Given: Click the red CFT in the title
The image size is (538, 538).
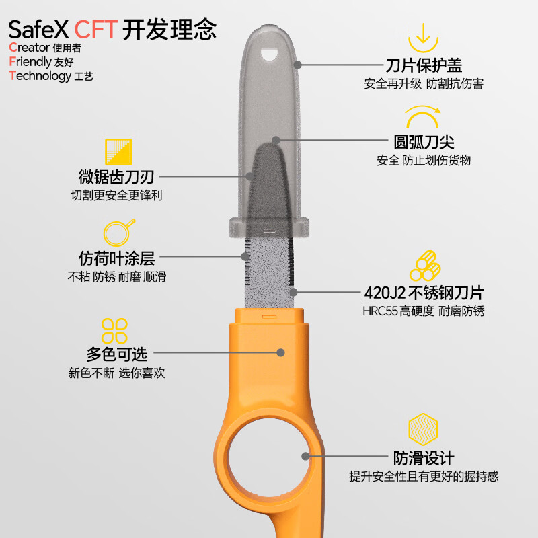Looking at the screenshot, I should pyautogui.click(x=96, y=29).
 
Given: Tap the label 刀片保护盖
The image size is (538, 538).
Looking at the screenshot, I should pyautogui.click(x=424, y=65).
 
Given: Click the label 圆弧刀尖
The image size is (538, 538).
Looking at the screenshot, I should pyautogui.click(x=424, y=143).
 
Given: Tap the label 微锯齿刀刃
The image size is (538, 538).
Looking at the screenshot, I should pyautogui.click(x=116, y=178).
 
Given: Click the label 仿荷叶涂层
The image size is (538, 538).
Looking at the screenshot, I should pyautogui.click(x=116, y=258).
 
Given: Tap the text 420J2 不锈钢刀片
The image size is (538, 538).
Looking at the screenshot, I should pyautogui.click(x=424, y=293).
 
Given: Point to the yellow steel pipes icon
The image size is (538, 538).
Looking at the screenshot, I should pyautogui.click(x=424, y=266).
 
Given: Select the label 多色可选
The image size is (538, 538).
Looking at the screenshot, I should pyautogui.click(x=116, y=354).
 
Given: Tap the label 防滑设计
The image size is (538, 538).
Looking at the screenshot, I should pyautogui.click(x=424, y=458).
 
